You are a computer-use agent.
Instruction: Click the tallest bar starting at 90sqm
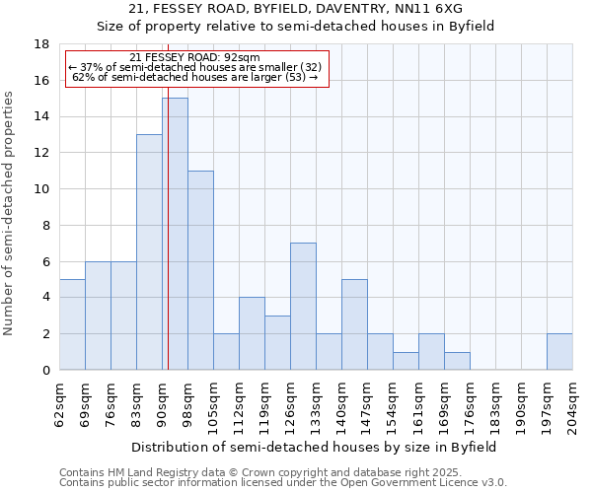[175, 234]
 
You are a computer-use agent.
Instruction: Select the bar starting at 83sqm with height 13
[149, 252]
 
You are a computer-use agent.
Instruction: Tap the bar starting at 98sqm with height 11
[200, 270]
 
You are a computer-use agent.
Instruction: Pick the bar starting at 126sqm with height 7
[303, 307]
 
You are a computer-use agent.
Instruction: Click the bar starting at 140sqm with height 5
[354, 324]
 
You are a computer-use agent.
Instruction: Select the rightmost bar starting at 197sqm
[559, 352]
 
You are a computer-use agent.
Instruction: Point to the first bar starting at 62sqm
[72, 324]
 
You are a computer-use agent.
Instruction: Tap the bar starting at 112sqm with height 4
[252, 333]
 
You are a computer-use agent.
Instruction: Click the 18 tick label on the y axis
[41, 44]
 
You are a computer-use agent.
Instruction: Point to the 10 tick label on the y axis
[41, 189]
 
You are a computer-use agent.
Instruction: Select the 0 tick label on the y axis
[45, 370]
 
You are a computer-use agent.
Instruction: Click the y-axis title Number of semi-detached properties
[10, 213]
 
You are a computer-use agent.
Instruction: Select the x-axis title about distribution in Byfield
[316, 447]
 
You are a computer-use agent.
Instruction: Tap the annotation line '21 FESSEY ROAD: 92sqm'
[194, 58]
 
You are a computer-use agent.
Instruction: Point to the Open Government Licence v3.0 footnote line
[282, 483]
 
